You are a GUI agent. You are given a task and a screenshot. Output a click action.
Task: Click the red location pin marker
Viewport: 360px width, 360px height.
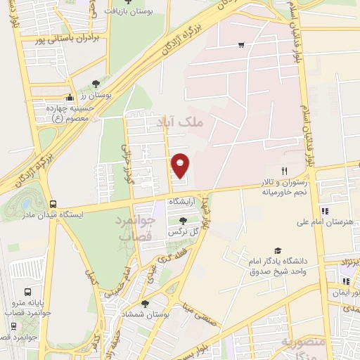(181, 165)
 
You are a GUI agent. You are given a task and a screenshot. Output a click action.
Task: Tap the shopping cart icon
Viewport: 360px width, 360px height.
(241, 45)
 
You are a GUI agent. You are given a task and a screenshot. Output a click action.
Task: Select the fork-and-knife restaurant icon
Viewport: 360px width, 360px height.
(285, 171)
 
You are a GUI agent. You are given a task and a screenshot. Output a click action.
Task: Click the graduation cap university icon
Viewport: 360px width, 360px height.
(278, 251)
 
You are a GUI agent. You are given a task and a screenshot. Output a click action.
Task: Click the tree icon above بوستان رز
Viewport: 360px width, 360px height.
(96, 83)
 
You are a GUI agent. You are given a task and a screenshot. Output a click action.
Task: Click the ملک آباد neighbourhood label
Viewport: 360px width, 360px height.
(200, 123)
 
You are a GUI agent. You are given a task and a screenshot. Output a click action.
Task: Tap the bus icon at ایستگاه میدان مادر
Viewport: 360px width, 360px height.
(53, 201)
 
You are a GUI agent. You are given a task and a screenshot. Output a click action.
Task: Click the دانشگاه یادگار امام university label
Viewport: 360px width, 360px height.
(280, 266)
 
